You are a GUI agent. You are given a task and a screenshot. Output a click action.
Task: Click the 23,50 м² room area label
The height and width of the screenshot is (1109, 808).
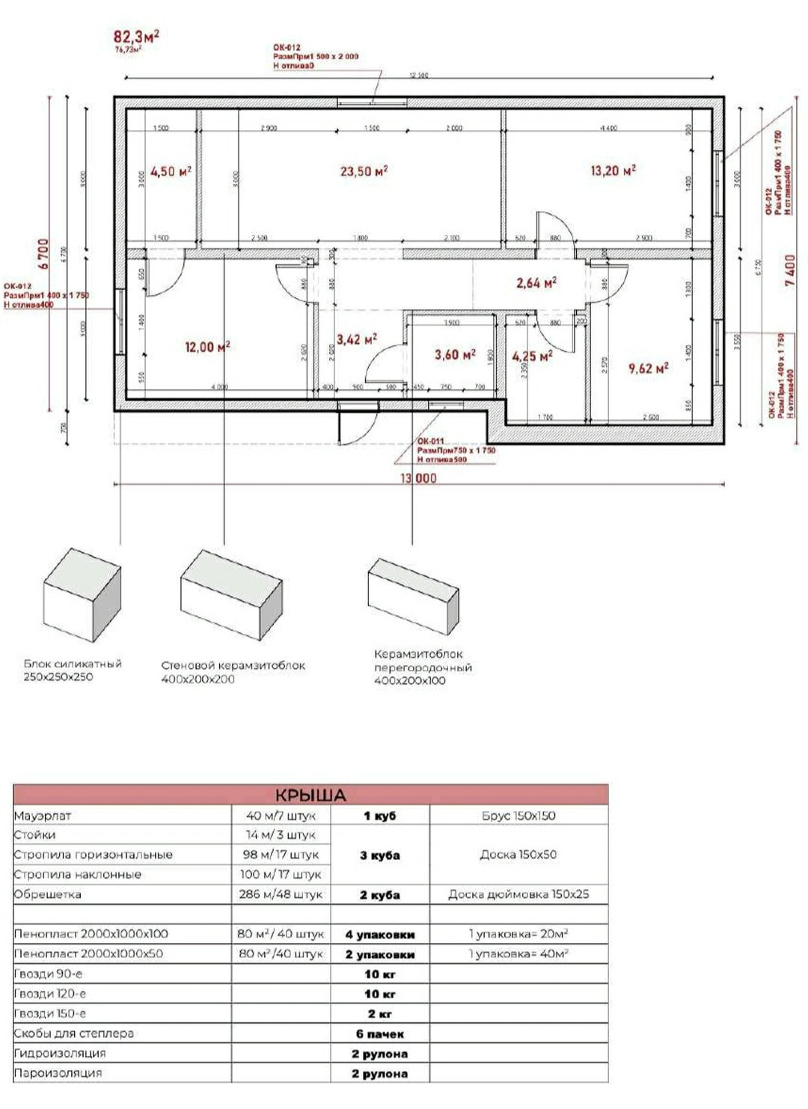(364, 171)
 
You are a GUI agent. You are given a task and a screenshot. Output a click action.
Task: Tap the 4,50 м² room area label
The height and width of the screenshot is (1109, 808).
(171, 171)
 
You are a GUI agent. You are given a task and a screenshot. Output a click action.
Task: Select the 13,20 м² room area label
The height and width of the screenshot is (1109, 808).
(613, 171)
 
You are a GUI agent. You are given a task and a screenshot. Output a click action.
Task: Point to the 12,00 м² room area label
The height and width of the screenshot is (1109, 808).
(207, 346)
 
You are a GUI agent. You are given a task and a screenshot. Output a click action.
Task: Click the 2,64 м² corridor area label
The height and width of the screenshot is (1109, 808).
(536, 283)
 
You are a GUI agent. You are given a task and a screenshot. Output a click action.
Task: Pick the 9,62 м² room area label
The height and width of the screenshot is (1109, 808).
(648, 368)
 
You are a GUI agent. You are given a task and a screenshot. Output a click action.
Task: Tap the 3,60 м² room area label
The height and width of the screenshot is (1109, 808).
(455, 355)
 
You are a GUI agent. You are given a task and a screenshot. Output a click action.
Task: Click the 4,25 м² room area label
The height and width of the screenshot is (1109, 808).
(532, 356)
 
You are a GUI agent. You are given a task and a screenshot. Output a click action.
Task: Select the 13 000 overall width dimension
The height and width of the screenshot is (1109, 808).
(418, 478)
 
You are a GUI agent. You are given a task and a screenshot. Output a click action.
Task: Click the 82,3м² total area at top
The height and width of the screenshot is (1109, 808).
(136, 36)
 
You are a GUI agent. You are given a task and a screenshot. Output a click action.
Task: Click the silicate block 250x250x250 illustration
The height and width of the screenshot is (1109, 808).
(82, 596)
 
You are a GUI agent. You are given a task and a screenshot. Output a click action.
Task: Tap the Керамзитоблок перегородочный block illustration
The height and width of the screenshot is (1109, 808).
(412, 596)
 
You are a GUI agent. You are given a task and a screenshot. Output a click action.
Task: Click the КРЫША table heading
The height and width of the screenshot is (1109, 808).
(310, 795)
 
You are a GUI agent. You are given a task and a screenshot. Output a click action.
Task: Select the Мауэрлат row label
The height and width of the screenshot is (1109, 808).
(43, 816)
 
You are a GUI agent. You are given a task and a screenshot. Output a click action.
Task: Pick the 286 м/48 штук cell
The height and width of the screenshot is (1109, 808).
(281, 894)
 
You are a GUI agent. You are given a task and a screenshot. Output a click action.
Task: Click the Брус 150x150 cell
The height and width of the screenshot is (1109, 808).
(518, 816)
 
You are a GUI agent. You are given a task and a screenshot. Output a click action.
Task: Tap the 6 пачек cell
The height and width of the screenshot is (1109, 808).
(379, 1034)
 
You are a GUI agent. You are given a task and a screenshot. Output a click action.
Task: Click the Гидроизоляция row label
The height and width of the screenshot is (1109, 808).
(60, 1054)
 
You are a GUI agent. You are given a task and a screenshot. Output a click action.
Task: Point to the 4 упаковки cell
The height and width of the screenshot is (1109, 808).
(379, 935)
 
